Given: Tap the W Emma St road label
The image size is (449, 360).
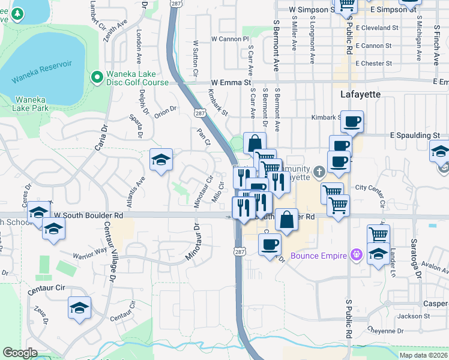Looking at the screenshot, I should (x=231, y=82).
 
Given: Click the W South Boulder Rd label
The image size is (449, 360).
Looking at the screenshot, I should (x=88, y=215).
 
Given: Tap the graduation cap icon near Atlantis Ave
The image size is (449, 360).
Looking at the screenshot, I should (x=161, y=160).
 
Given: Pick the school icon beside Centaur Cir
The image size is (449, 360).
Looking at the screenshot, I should (x=79, y=308).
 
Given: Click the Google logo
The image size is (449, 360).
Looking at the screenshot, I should (x=20, y=353).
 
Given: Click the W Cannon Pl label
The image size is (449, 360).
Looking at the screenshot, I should (x=229, y=39).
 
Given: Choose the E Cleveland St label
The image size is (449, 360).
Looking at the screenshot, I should (x=377, y=28).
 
